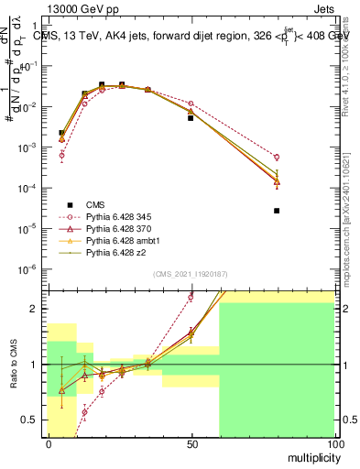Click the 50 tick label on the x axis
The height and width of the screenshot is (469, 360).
click(x=191, y=444)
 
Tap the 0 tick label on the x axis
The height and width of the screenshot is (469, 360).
click(x=49, y=444)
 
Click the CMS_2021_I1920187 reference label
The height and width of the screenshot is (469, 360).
click(x=190, y=274)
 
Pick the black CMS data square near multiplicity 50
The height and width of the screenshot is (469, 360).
click(x=191, y=118)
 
